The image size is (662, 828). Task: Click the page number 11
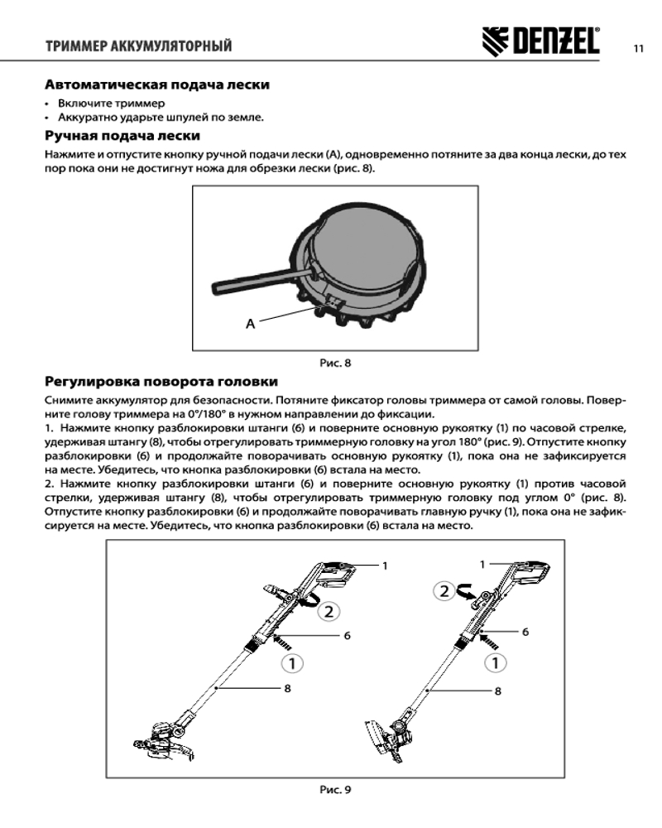[639, 47]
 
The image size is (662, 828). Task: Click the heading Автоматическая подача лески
[156, 84]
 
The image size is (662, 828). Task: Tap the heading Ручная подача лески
[122, 135]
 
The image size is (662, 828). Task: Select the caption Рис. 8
[336, 362]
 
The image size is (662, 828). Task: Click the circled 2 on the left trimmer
[329, 612]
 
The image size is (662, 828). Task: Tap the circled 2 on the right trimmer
[445, 591]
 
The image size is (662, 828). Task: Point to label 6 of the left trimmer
[348, 635]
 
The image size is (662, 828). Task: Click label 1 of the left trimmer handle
[385, 565]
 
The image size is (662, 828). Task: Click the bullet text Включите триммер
[111, 103]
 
